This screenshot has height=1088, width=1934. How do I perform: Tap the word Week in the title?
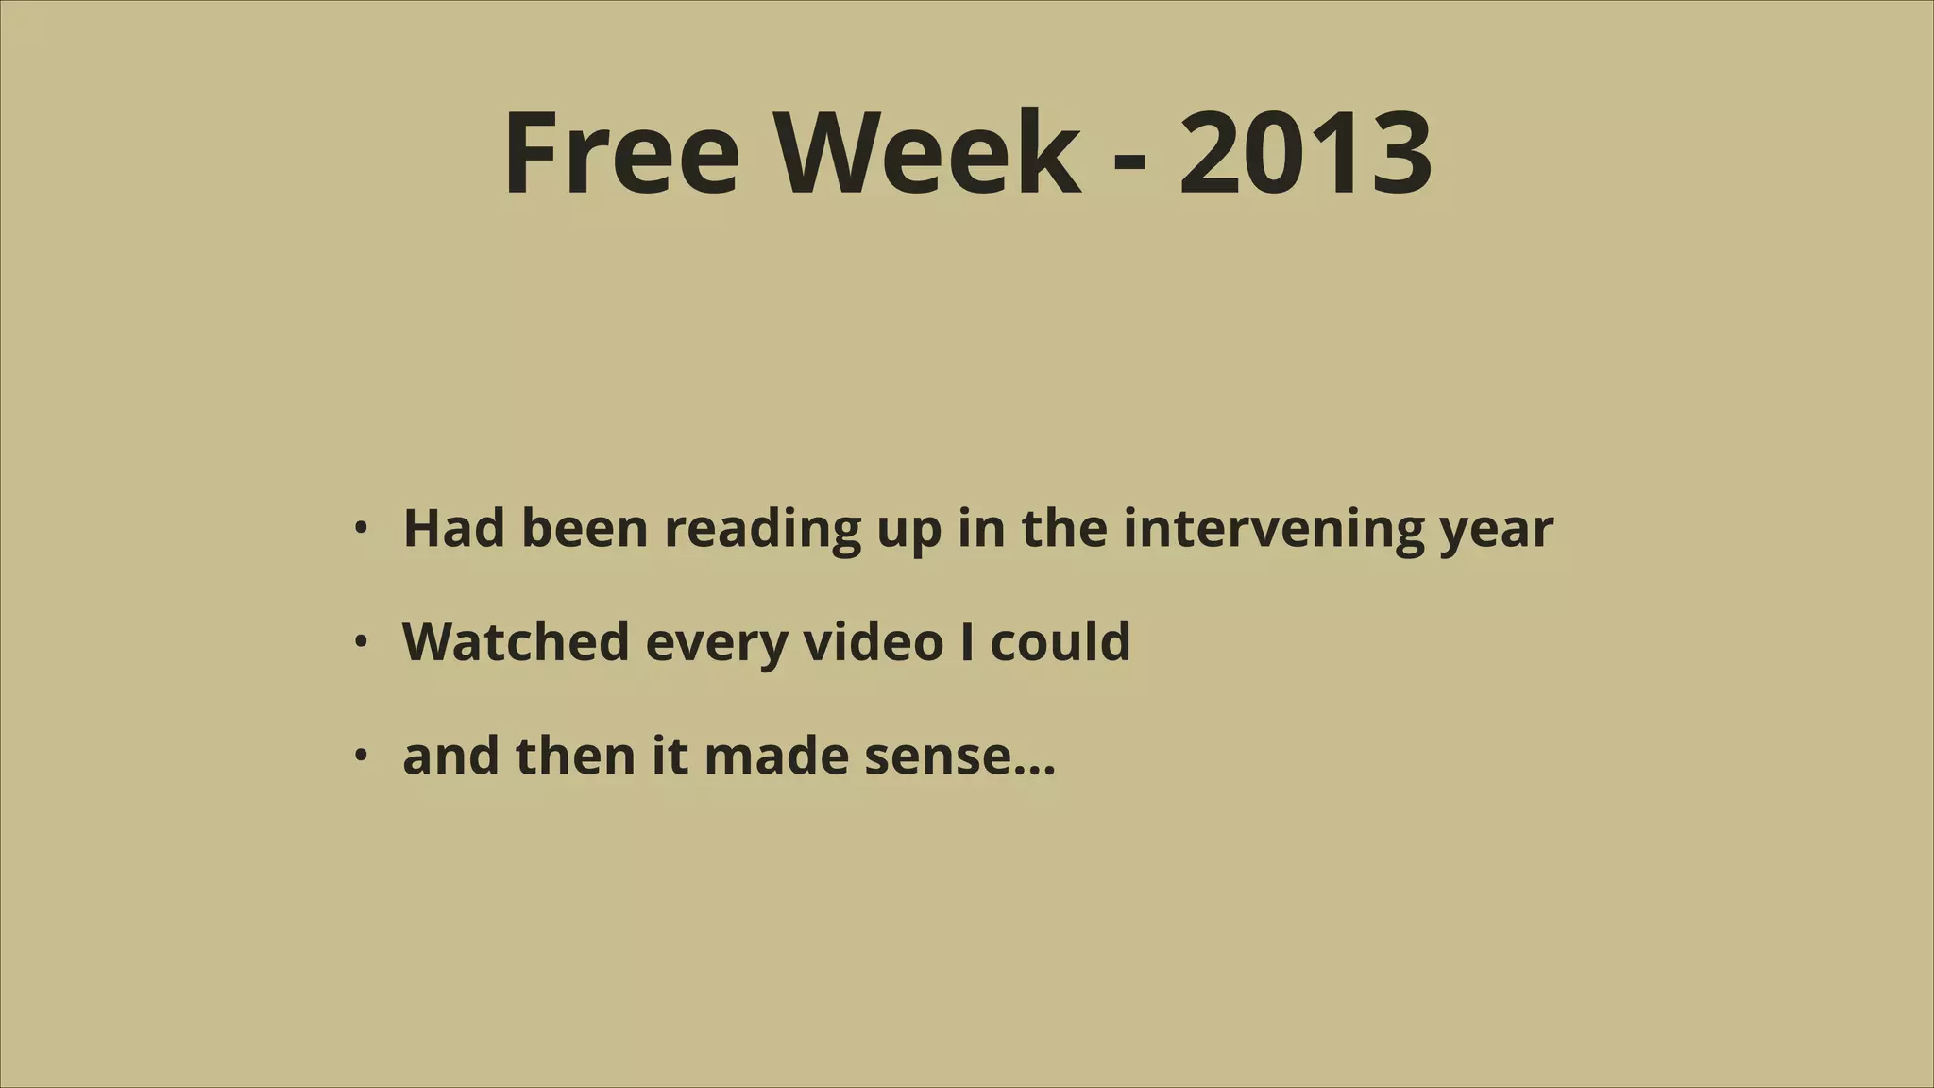click(x=928, y=153)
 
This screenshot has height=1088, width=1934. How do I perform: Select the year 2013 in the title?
click(x=1305, y=153)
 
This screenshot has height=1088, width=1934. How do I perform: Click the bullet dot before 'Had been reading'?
click(x=360, y=528)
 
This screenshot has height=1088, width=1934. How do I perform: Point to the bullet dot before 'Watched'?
click(x=360, y=642)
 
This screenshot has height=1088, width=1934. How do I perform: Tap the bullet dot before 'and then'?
click(x=360, y=756)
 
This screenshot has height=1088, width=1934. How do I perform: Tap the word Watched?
click(x=516, y=642)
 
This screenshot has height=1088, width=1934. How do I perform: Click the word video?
click(x=873, y=642)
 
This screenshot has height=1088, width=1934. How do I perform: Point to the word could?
click(x=1060, y=642)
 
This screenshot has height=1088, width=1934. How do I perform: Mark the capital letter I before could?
click(x=967, y=642)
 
